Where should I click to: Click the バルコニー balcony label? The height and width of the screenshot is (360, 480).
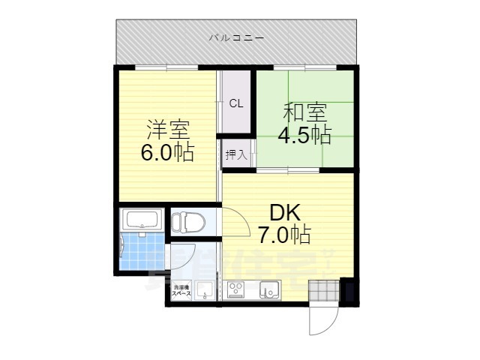tap(236, 36)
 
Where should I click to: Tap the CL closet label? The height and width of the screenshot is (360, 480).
tap(235, 103)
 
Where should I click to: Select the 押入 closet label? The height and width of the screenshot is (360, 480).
tap(235, 154)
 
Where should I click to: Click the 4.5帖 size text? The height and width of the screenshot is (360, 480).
tap(305, 136)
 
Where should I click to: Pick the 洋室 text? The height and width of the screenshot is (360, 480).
tap(167, 130)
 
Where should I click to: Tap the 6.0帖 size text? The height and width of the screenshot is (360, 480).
tap(167, 152)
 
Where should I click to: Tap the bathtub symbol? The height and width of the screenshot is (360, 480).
tap(142, 220)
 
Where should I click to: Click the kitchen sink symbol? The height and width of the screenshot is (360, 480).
tap(268, 289)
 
